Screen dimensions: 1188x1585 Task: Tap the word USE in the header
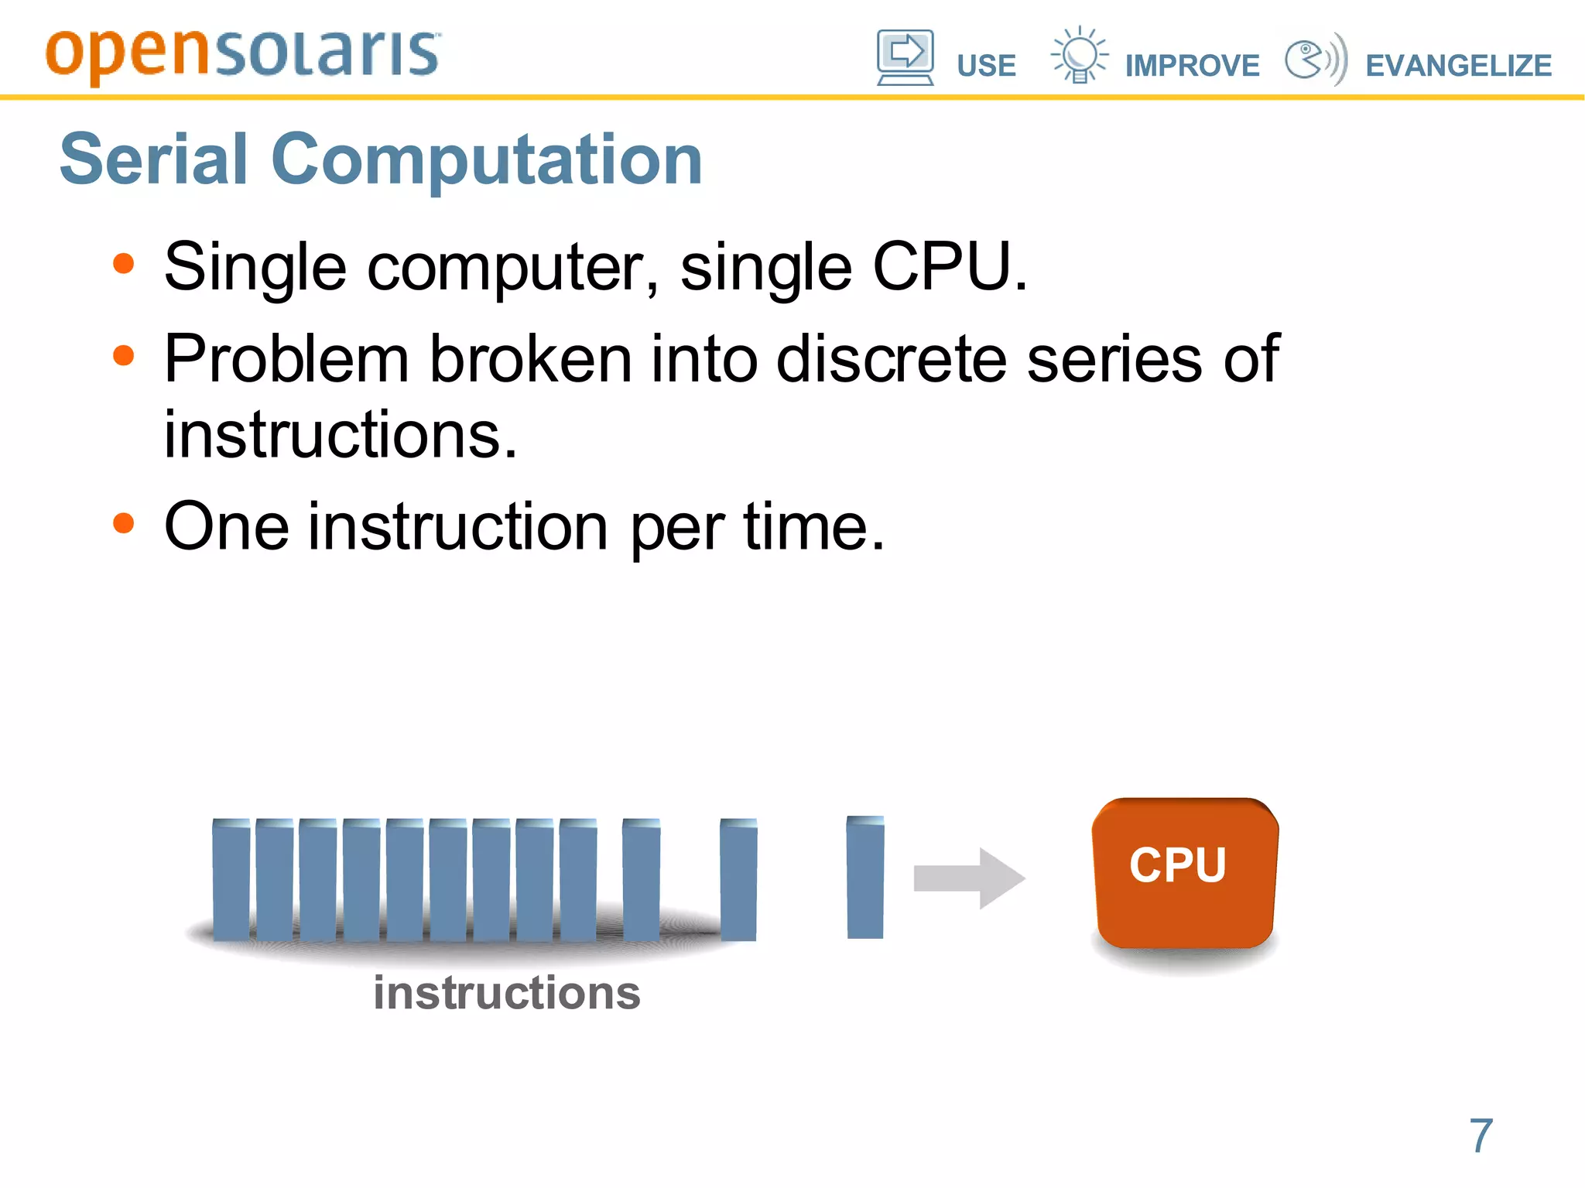[986, 66]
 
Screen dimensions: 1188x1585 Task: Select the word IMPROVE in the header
[1192, 66]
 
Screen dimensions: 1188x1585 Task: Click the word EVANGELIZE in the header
[1458, 66]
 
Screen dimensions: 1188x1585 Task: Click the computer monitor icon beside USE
[905, 56]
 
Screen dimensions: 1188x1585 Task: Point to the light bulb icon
[1079, 55]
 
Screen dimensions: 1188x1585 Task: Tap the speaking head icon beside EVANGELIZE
[1314, 59]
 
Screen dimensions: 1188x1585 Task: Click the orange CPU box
[1185, 872]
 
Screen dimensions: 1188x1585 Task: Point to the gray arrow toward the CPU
[969, 878]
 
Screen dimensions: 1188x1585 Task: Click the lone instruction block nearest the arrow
[865, 878]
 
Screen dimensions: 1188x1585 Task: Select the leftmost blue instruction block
[231, 880]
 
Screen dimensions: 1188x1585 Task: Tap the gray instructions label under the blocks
[507, 993]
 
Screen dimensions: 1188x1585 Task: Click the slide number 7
[1481, 1135]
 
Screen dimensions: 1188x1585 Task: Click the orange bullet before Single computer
[123, 264]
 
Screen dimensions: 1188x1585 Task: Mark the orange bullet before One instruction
[123, 524]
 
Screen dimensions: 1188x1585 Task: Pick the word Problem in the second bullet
[286, 359]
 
